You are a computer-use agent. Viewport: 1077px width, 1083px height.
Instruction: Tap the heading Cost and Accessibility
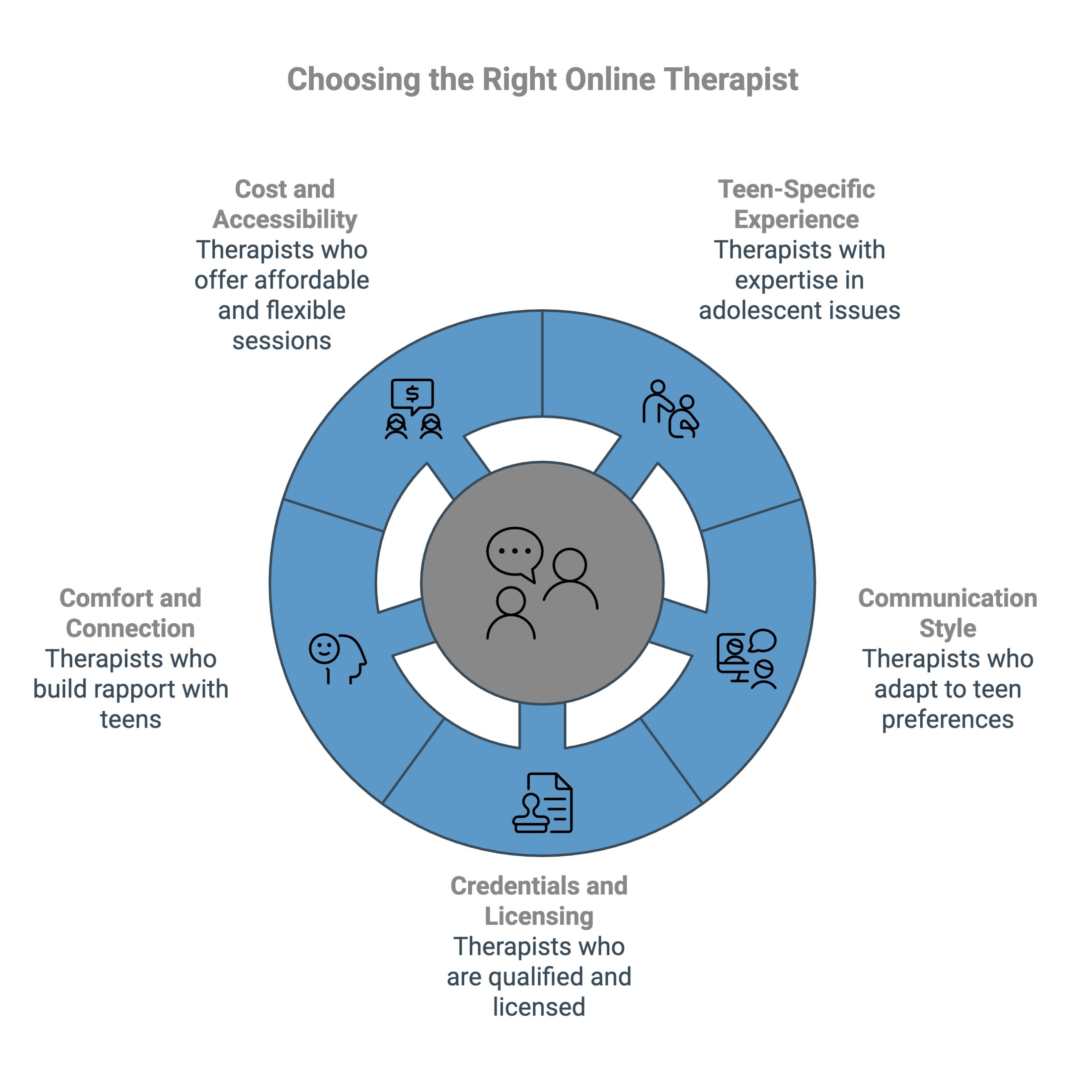285,204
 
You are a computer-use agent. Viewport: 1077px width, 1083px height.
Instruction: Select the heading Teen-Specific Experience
796,204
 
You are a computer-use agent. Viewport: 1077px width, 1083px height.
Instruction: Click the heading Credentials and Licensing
539,901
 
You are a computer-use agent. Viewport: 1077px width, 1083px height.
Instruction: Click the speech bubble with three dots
515,552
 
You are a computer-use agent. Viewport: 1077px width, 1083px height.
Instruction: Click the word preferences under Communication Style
947,719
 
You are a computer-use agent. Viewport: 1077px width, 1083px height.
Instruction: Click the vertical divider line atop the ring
542,364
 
